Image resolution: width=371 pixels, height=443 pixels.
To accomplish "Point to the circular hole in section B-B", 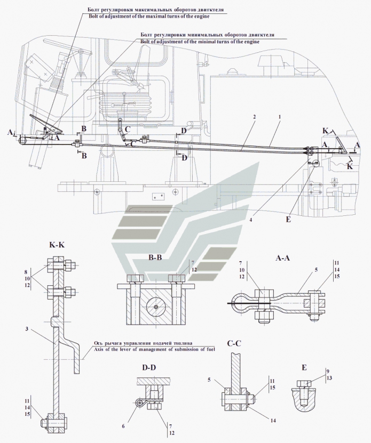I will pyautogui.click(x=154, y=307).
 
